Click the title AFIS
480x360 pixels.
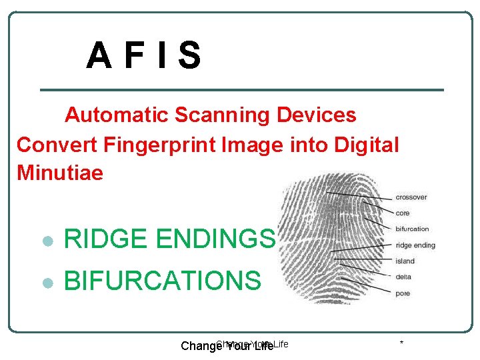click(x=143, y=56)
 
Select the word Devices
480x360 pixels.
click(x=317, y=115)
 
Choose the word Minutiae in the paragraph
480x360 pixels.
click(x=60, y=173)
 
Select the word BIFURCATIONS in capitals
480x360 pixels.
click(x=162, y=281)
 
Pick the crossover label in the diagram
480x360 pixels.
click(x=411, y=197)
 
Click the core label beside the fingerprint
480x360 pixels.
click(x=403, y=213)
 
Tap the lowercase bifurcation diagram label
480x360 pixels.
click(x=413, y=229)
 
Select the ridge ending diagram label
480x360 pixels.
click(x=415, y=245)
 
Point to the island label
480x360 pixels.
click(x=405, y=261)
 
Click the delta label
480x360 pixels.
click(x=403, y=277)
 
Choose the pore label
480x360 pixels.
click(x=403, y=293)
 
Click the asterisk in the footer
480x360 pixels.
click(x=401, y=343)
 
